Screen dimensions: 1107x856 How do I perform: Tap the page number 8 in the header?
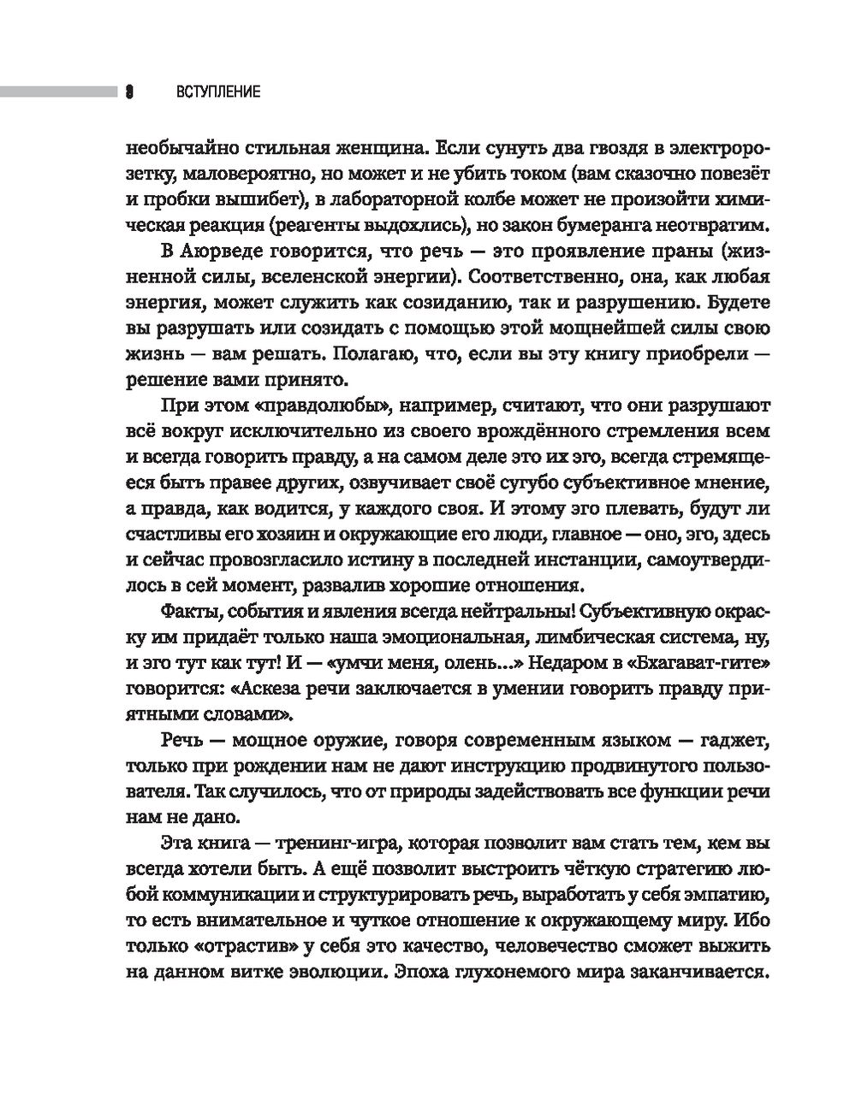130,92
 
